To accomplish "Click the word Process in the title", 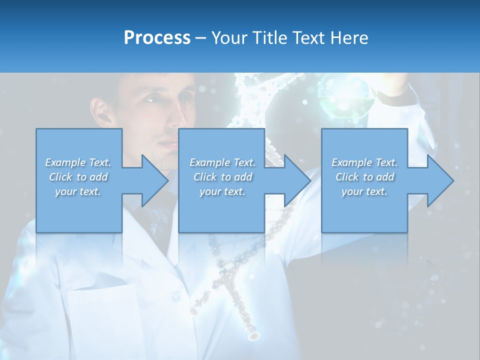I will click(157, 38).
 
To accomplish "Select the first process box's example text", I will click(78, 177).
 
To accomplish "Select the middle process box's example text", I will click(222, 177).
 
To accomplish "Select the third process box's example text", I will click(364, 177).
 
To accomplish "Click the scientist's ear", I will click(101, 112).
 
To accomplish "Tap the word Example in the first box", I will click(65, 162).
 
